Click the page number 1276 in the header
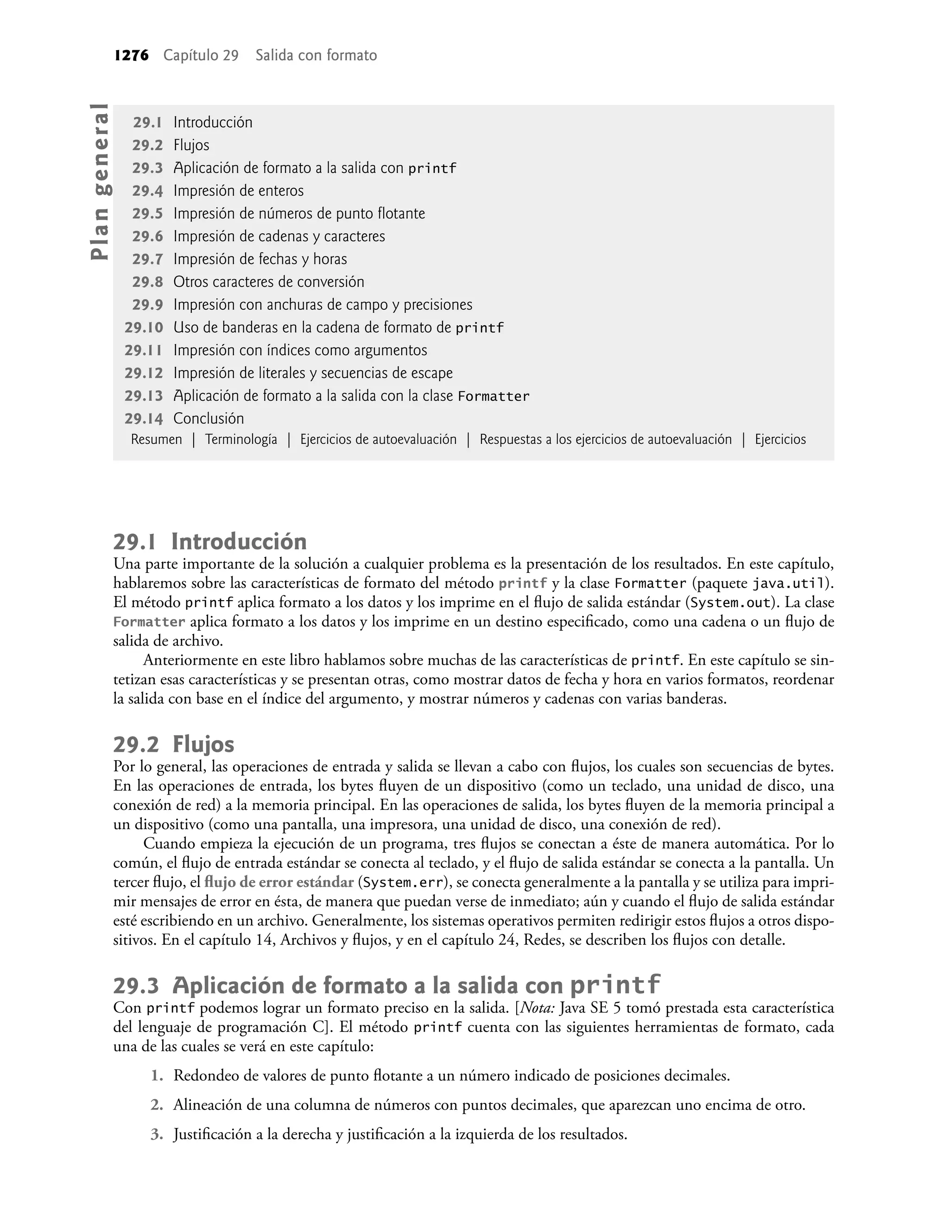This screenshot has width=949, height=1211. [132, 56]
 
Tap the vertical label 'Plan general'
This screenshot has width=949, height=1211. [101, 181]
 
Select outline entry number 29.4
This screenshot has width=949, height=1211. [147, 191]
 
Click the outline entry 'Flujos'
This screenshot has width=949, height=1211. [191, 145]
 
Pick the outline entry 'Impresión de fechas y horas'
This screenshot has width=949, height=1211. [260, 259]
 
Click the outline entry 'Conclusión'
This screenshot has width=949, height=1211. [209, 418]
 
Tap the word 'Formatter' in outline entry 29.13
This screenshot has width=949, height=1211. [493, 397]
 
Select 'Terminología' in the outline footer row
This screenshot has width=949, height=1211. [241, 439]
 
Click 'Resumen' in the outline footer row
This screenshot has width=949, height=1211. [156, 439]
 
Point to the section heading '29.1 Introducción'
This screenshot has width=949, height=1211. [210, 542]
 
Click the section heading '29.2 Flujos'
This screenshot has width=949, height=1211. [173, 744]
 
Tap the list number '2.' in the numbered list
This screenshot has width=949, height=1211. [157, 1105]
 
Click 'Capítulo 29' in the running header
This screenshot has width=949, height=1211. [201, 56]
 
